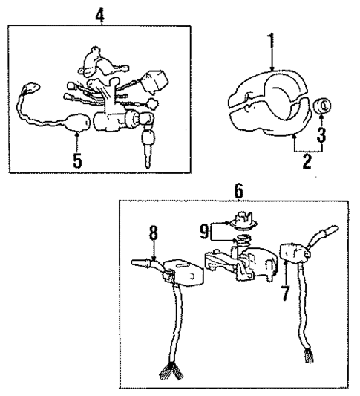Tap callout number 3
pyautogui.click(x=321, y=134)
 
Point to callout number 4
pyautogui.click(x=100, y=12)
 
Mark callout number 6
pyautogui.click(x=238, y=190)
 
